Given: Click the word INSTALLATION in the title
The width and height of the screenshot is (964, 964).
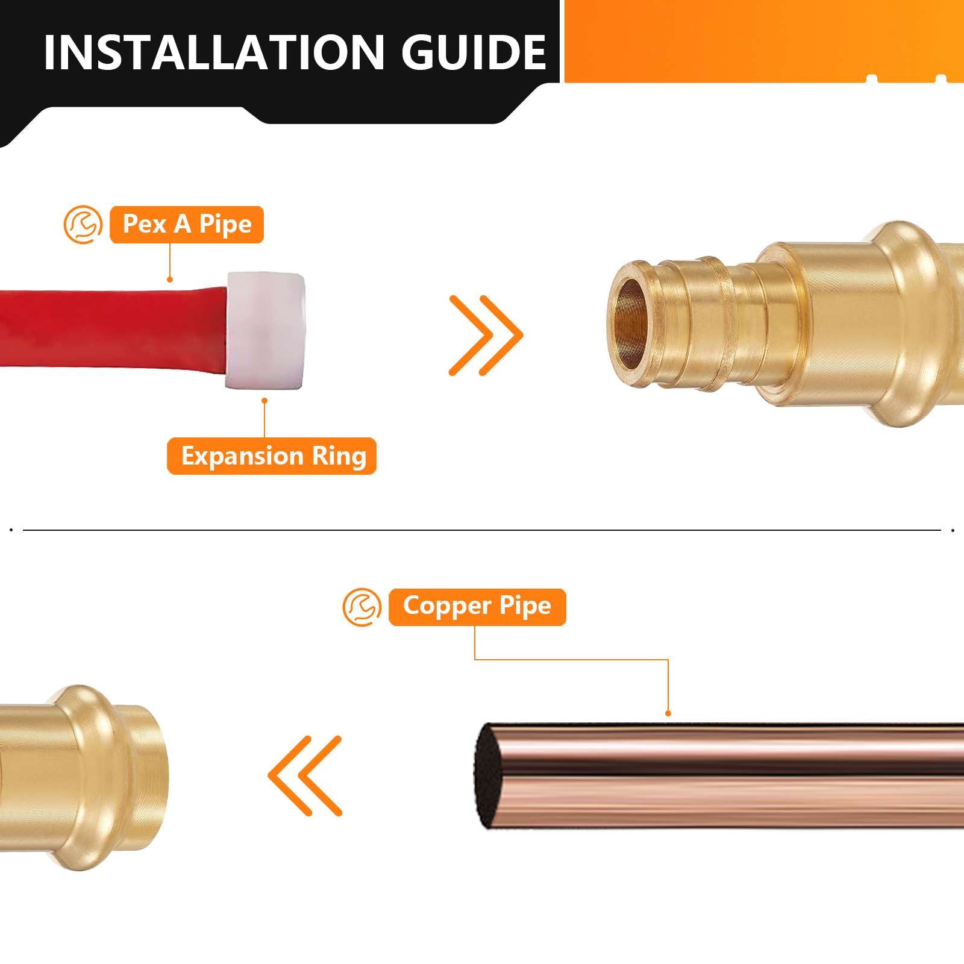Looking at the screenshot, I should click(x=214, y=53).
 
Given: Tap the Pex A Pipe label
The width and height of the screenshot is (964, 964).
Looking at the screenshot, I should click(x=187, y=224).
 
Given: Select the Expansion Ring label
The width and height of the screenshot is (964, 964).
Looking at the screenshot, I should click(x=272, y=456).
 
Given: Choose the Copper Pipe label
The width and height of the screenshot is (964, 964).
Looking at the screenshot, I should click(x=477, y=607).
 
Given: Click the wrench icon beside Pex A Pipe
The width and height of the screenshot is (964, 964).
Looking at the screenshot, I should click(x=83, y=225).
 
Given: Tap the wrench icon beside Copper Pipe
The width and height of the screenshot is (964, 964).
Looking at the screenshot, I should click(x=362, y=607).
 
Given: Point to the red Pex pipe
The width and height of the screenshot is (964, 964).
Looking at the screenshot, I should click(x=108, y=328).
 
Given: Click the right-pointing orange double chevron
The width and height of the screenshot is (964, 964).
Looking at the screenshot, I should click(x=486, y=335).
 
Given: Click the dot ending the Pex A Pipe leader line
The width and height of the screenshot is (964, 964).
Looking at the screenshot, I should click(x=171, y=280).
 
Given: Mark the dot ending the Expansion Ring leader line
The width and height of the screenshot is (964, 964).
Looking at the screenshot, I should click(x=264, y=400).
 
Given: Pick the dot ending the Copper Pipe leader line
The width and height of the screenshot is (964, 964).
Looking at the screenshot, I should click(x=668, y=713).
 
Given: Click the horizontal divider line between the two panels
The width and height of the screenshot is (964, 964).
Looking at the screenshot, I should click(x=482, y=530).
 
